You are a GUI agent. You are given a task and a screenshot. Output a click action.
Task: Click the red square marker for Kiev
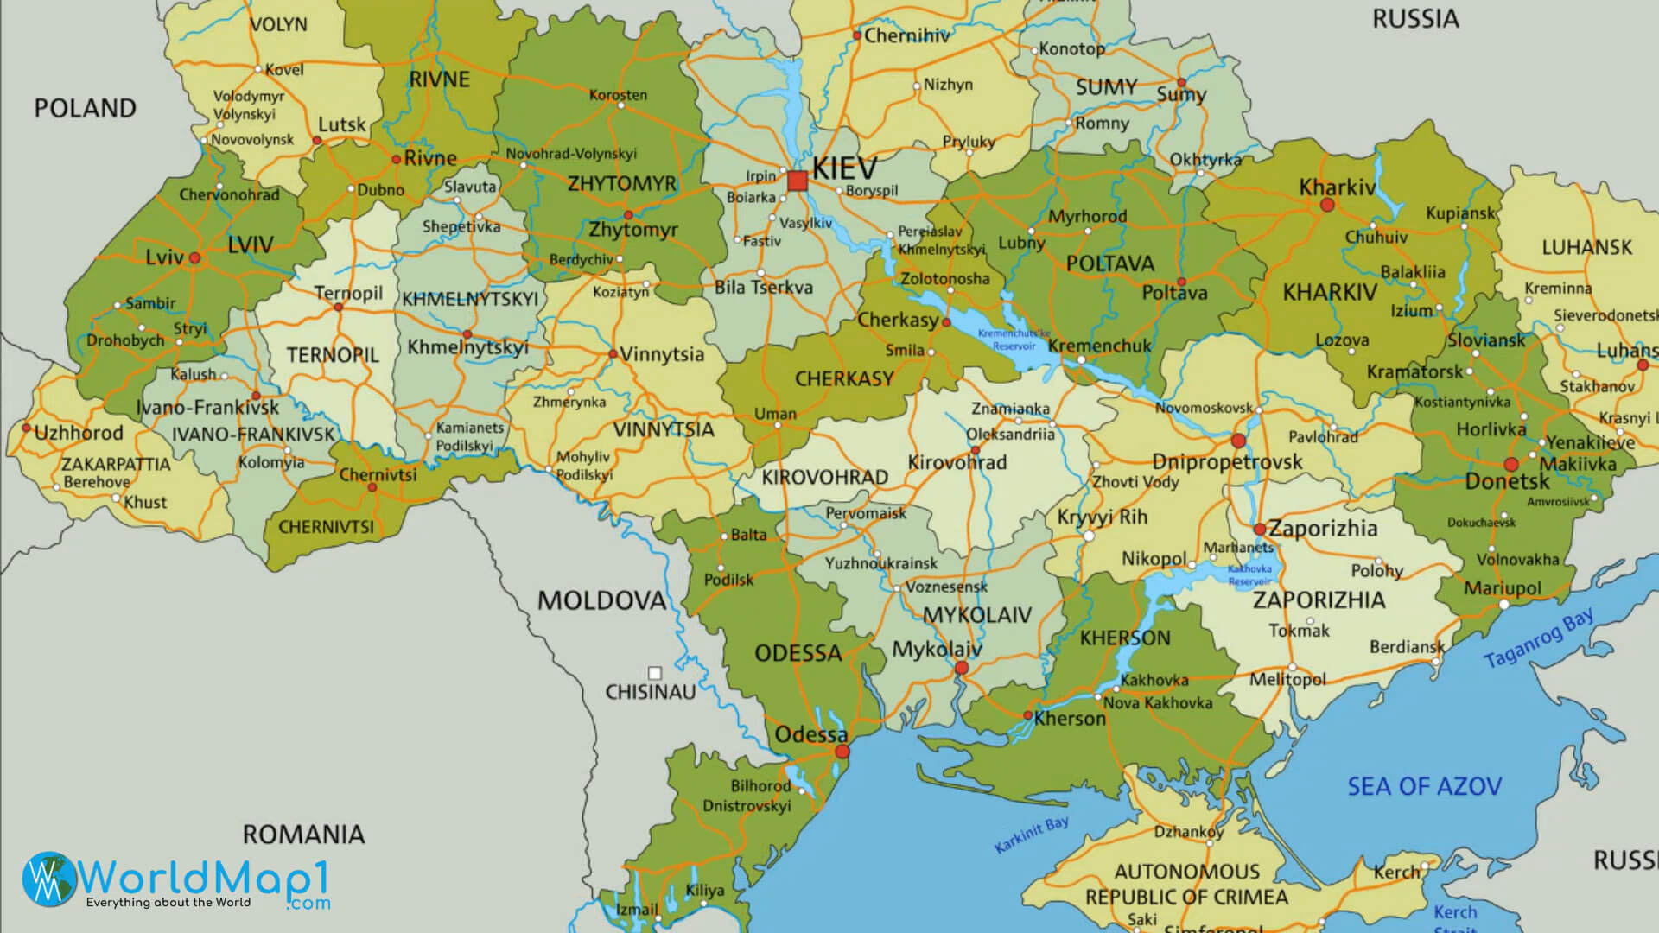(797, 181)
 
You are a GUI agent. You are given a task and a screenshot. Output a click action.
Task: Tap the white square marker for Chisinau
(655, 673)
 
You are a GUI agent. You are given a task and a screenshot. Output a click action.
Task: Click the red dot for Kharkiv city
(1327, 206)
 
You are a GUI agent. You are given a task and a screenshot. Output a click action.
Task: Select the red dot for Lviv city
(195, 257)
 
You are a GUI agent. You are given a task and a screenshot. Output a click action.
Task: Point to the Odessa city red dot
(842, 752)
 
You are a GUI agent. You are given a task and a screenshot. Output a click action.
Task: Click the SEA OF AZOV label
(1424, 786)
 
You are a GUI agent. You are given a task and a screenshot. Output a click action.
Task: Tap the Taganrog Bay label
(1538, 638)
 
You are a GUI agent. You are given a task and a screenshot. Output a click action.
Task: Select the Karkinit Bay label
(1032, 835)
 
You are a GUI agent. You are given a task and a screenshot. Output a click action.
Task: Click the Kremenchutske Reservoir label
(1014, 340)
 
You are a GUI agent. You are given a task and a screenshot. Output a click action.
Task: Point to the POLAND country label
(85, 108)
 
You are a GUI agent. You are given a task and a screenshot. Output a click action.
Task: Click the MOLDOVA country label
(601, 600)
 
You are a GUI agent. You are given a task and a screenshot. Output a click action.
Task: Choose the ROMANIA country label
(303, 835)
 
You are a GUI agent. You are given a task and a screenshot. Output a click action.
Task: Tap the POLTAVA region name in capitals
(1109, 263)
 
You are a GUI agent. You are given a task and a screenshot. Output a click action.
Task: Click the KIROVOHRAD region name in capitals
(824, 477)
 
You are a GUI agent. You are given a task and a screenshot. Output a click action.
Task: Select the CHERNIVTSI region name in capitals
(326, 527)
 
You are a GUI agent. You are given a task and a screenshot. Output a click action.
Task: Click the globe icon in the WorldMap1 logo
(49, 879)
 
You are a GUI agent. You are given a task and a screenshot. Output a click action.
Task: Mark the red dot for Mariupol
(1504, 605)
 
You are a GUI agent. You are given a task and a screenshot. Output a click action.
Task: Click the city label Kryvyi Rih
(1102, 517)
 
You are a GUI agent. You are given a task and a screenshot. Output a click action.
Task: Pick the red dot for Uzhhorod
(27, 428)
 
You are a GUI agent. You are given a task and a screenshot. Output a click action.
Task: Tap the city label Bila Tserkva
(763, 288)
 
